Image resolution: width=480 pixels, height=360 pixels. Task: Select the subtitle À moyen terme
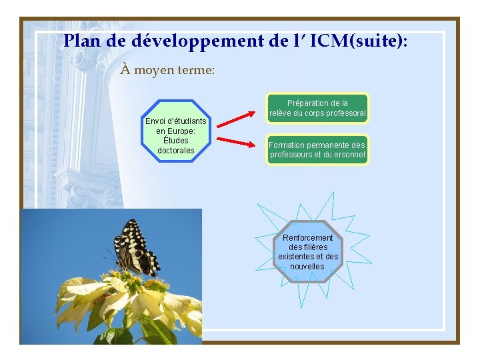click(x=167, y=69)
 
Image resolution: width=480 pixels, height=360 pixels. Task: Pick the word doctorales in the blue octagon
click(x=176, y=151)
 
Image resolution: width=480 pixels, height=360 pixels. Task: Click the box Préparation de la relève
click(x=317, y=109)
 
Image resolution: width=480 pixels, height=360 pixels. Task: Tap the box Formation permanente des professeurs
click(x=317, y=150)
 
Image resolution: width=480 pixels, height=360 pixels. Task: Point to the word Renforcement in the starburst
click(x=307, y=238)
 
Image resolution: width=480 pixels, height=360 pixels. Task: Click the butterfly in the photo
click(x=137, y=248)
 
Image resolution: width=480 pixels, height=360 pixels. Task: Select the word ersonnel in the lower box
click(x=347, y=155)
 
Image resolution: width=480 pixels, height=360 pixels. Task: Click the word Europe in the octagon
click(x=181, y=131)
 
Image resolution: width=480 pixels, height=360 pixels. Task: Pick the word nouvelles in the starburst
click(x=307, y=267)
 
